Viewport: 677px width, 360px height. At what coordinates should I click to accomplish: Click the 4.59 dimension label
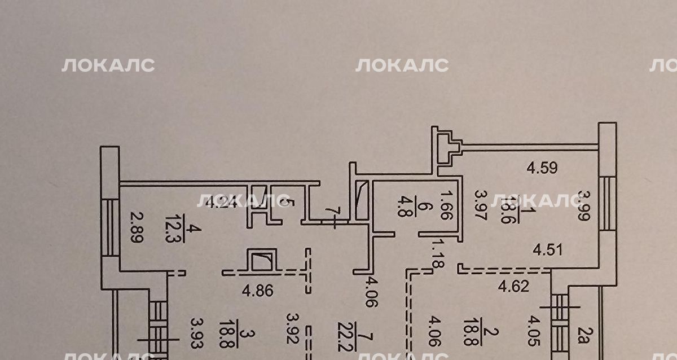(542, 167)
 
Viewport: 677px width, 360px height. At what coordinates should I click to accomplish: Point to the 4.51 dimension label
(551, 248)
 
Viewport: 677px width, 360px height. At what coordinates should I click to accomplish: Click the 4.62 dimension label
(513, 287)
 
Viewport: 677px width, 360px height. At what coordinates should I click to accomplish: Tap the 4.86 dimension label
(257, 292)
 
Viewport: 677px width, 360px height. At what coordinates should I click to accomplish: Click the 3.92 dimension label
(291, 328)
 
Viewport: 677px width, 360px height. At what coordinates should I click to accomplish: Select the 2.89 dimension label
(135, 227)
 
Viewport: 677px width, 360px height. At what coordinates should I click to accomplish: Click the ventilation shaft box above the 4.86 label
(262, 261)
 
